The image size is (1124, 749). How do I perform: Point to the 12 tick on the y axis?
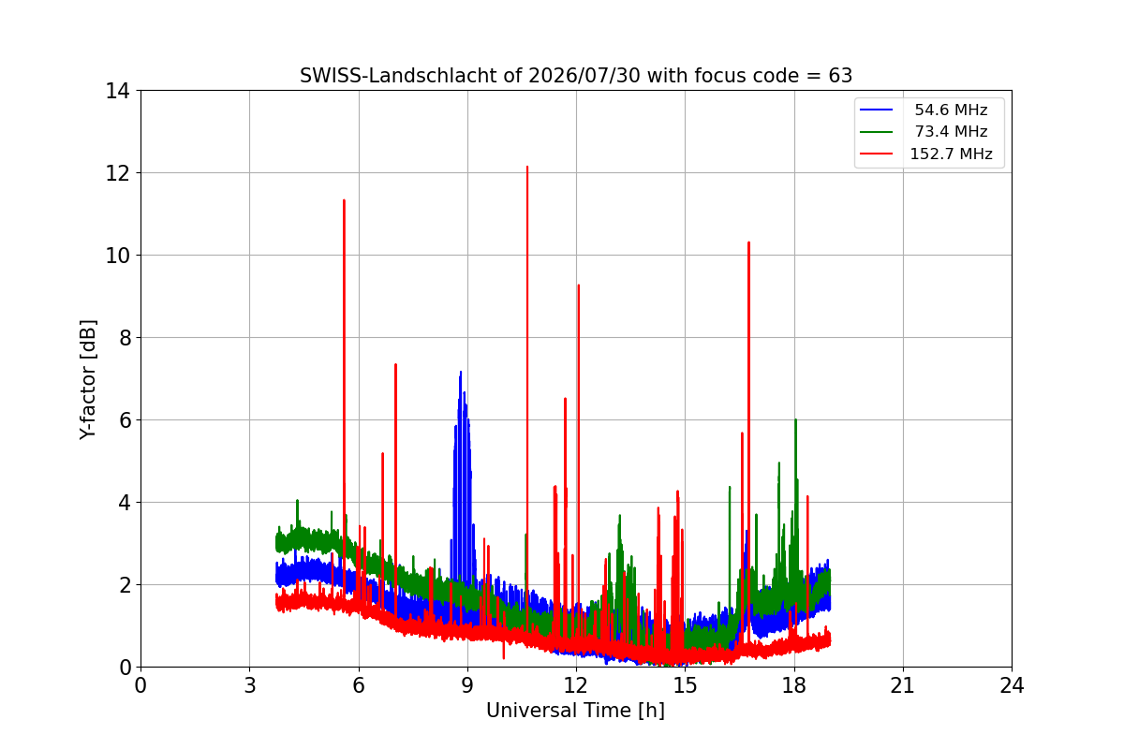(117, 173)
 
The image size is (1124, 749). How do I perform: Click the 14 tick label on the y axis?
(117, 91)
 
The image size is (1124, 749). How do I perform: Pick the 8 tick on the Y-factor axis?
(125, 338)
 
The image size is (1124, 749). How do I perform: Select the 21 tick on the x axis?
(903, 685)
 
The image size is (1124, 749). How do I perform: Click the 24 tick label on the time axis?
(1012, 685)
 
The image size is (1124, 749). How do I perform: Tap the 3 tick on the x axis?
(250, 685)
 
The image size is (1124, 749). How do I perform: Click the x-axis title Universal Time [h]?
(575, 711)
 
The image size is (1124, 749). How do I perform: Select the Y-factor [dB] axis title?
(88, 380)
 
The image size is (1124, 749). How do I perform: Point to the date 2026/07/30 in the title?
(584, 76)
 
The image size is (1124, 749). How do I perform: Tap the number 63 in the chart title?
(840, 76)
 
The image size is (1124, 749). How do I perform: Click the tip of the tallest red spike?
(527, 167)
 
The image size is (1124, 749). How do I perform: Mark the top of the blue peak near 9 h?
(461, 373)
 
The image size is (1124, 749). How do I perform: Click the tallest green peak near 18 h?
(796, 419)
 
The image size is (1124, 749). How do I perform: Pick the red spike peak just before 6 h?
(345, 200)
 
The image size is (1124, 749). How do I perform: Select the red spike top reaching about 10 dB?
(748, 242)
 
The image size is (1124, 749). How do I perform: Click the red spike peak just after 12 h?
(579, 285)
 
